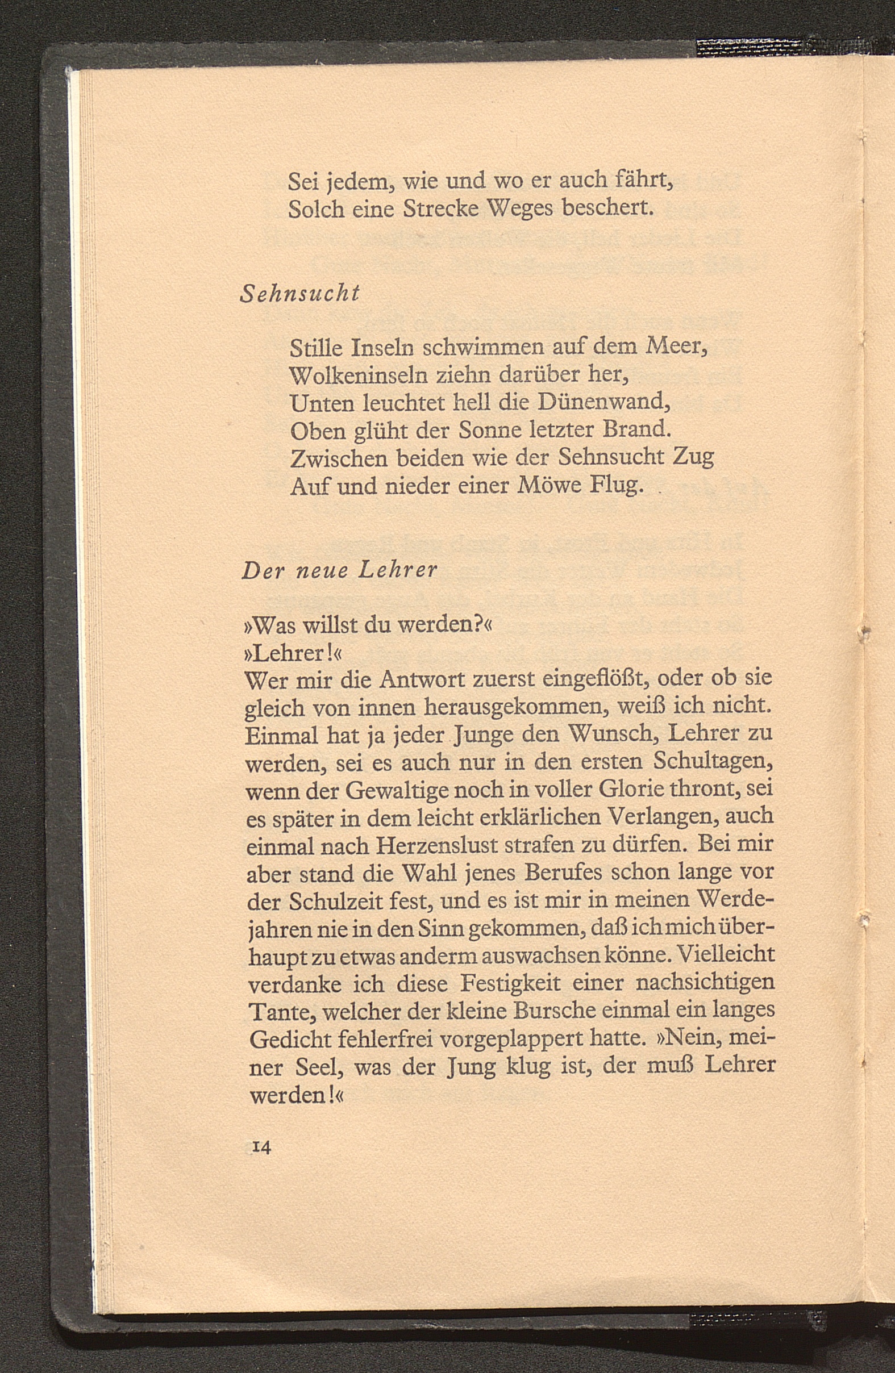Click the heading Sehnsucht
(x=299, y=294)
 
